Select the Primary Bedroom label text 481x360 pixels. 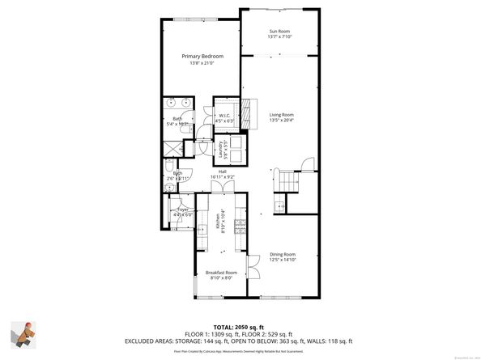point(202,56)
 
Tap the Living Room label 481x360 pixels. point(281,115)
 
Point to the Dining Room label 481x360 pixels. point(283,255)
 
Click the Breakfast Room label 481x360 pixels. point(221,273)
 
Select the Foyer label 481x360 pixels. point(183,209)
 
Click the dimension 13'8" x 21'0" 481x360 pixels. point(202,63)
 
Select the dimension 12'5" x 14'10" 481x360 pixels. point(283,260)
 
